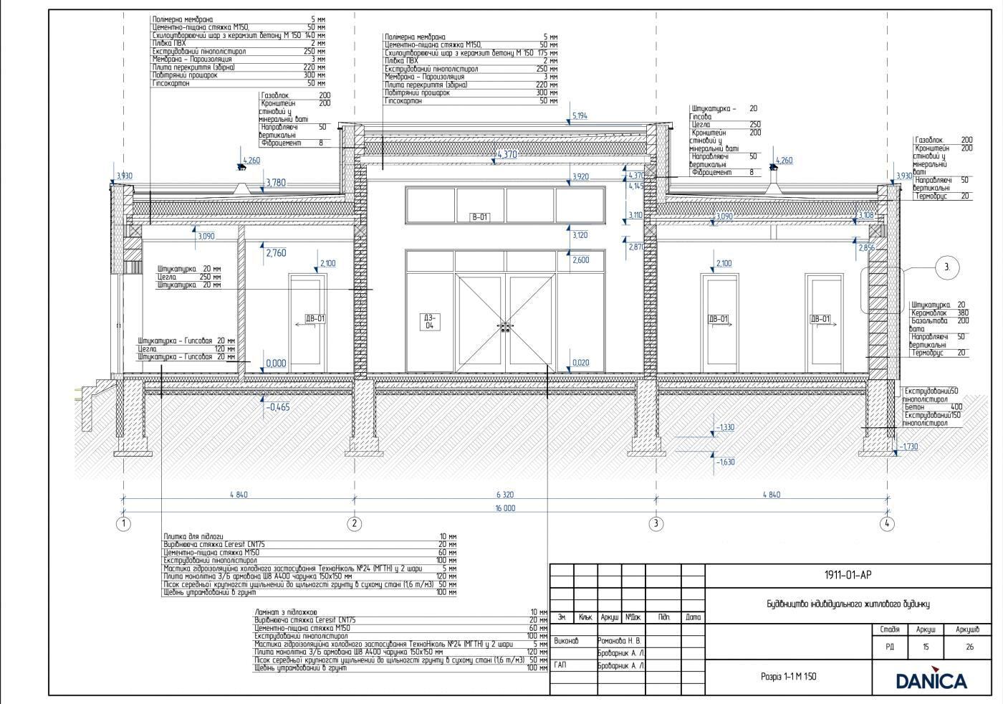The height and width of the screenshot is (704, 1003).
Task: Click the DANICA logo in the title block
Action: (x=931, y=680)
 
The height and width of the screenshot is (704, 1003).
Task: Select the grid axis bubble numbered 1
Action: (x=123, y=523)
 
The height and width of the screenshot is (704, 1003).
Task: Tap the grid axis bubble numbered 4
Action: (x=887, y=523)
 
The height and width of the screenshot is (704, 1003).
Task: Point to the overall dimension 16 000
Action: (x=504, y=508)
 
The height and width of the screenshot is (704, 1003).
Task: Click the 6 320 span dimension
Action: (x=504, y=495)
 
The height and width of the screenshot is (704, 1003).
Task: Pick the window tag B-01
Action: (x=479, y=217)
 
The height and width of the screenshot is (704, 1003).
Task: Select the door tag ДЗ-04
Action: (x=429, y=321)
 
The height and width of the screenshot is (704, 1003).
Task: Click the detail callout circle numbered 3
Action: (x=947, y=267)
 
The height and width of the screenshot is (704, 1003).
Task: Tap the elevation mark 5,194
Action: (x=580, y=115)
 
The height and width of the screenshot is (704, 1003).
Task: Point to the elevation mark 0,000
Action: (x=276, y=363)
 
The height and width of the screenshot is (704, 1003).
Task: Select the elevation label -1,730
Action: (x=908, y=447)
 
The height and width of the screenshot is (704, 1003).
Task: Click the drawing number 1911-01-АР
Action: (x=848, y=575)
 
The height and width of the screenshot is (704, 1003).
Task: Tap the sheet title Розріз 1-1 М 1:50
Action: (x=788, y=676)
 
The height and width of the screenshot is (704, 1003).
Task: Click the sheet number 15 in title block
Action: (x=926, y=647)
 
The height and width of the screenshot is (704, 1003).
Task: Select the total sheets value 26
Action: (x=969, y=647)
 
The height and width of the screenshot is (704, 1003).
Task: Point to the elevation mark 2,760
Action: (x=276, y=253)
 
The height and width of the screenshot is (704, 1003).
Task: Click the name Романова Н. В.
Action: (x=620, y=641)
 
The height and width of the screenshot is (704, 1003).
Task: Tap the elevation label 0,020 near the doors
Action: (x=581, y=363)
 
